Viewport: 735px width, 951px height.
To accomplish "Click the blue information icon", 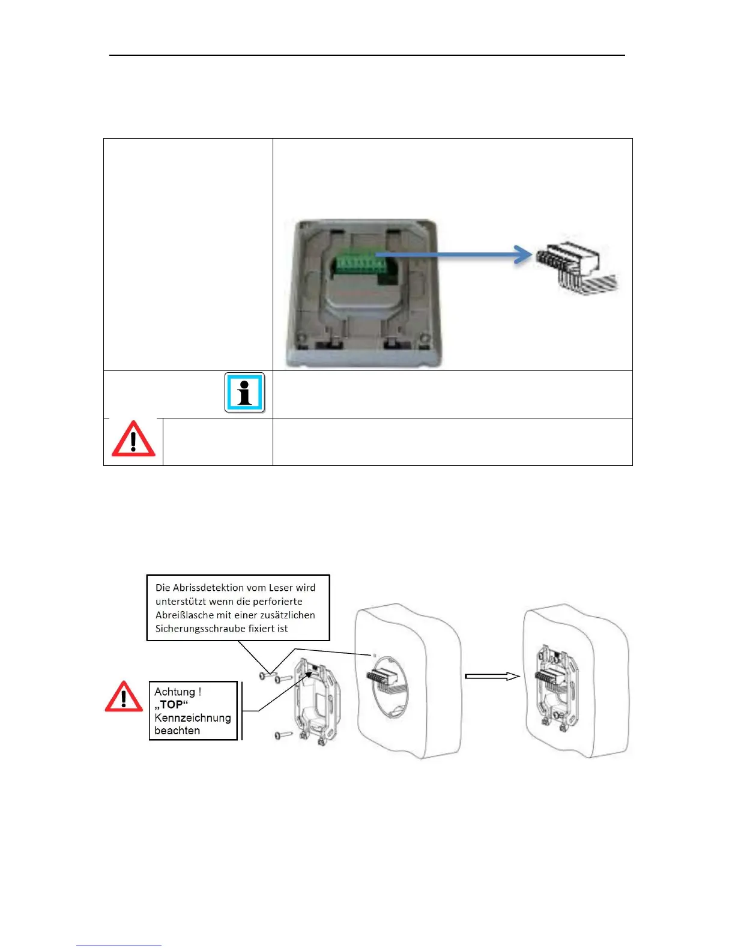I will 244,393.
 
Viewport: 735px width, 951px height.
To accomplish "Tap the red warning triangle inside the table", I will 133,439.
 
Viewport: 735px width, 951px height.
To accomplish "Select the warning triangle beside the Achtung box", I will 124,697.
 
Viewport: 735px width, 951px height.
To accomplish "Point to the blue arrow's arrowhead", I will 524,255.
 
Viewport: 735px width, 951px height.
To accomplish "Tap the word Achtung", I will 175,692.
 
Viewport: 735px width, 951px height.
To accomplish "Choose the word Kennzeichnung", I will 192,717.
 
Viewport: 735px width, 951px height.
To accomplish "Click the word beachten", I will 177,731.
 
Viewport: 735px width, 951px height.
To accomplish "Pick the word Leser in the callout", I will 279,588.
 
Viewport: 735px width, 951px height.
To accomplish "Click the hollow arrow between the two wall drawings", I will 492,676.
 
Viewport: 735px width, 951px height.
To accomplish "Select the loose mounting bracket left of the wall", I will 317,702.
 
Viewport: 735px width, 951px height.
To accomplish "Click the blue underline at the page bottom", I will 119,946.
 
